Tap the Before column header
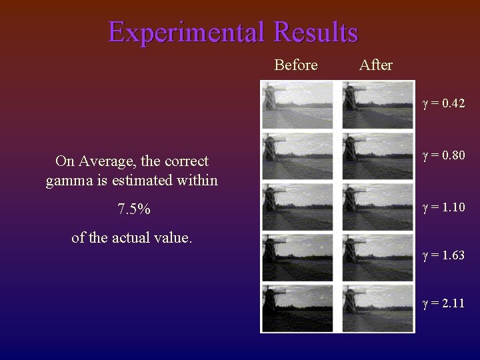295,65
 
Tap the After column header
375,65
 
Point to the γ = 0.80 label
443,155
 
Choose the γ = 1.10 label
443,207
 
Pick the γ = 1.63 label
443,255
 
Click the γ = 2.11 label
443,303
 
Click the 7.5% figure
133,209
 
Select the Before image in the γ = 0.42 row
297,105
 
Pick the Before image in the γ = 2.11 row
297,307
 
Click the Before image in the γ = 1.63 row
297,257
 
